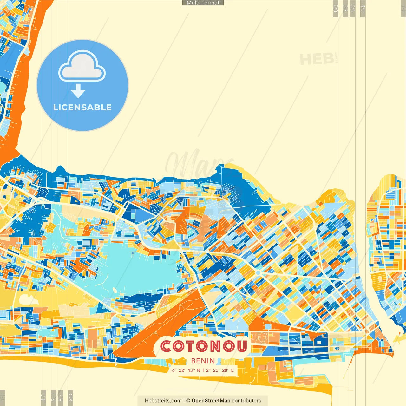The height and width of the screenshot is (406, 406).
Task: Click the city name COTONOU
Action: pos(204,346)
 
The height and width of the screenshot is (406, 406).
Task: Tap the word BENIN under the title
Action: pos(203,361)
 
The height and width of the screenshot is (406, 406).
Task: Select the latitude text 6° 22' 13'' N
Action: pos(186,370)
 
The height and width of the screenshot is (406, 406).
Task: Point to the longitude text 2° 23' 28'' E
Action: pos(220,370)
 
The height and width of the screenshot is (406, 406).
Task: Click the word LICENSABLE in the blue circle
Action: pos(82,107)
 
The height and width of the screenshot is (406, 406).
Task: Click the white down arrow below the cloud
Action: pos(78,91)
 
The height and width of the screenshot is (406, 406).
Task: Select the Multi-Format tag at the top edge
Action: pos(203,3)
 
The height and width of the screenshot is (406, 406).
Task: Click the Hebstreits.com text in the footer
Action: pos(163,401)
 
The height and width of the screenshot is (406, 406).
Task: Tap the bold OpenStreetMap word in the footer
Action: pos(211,401)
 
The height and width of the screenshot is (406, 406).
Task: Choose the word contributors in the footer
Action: pos(246,401)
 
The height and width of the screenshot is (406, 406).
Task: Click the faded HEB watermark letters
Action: pos(317,59)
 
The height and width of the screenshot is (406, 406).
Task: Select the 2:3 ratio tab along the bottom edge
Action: pos(70,397)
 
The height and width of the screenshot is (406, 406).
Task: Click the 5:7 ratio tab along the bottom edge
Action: pos(61,397)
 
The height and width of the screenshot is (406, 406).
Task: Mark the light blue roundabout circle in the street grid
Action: pos(258,273)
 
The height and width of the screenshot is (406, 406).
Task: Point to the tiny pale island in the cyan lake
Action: pos(115,290)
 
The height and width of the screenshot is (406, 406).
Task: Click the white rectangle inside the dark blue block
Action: pos(318,342)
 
